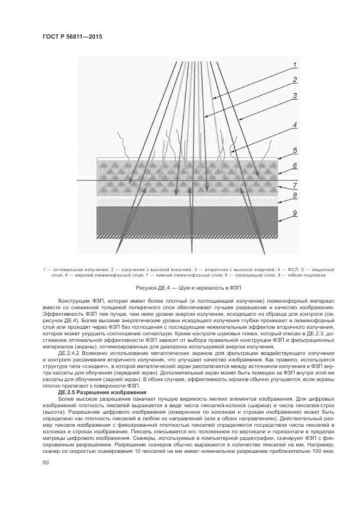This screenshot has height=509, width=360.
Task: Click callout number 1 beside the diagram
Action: [x=295, y=65]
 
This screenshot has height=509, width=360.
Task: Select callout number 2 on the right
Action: [x=295, y=80]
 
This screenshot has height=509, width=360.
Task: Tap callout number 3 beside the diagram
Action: [x=295, y=96]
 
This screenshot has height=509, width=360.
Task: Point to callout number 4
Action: [x=295, y=125]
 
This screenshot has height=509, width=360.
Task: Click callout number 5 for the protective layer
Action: [x=295, y=150]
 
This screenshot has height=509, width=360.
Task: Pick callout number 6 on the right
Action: [x=295, y=166]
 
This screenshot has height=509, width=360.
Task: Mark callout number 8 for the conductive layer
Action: [x=295, y=195]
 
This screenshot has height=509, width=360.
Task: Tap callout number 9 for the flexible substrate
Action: [x=295, y=213]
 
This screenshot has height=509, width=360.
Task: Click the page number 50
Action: [x=46, y=462]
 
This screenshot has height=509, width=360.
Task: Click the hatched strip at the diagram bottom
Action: [x=185, y=237]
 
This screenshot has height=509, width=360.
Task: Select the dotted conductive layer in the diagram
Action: [x=185, y=201]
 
